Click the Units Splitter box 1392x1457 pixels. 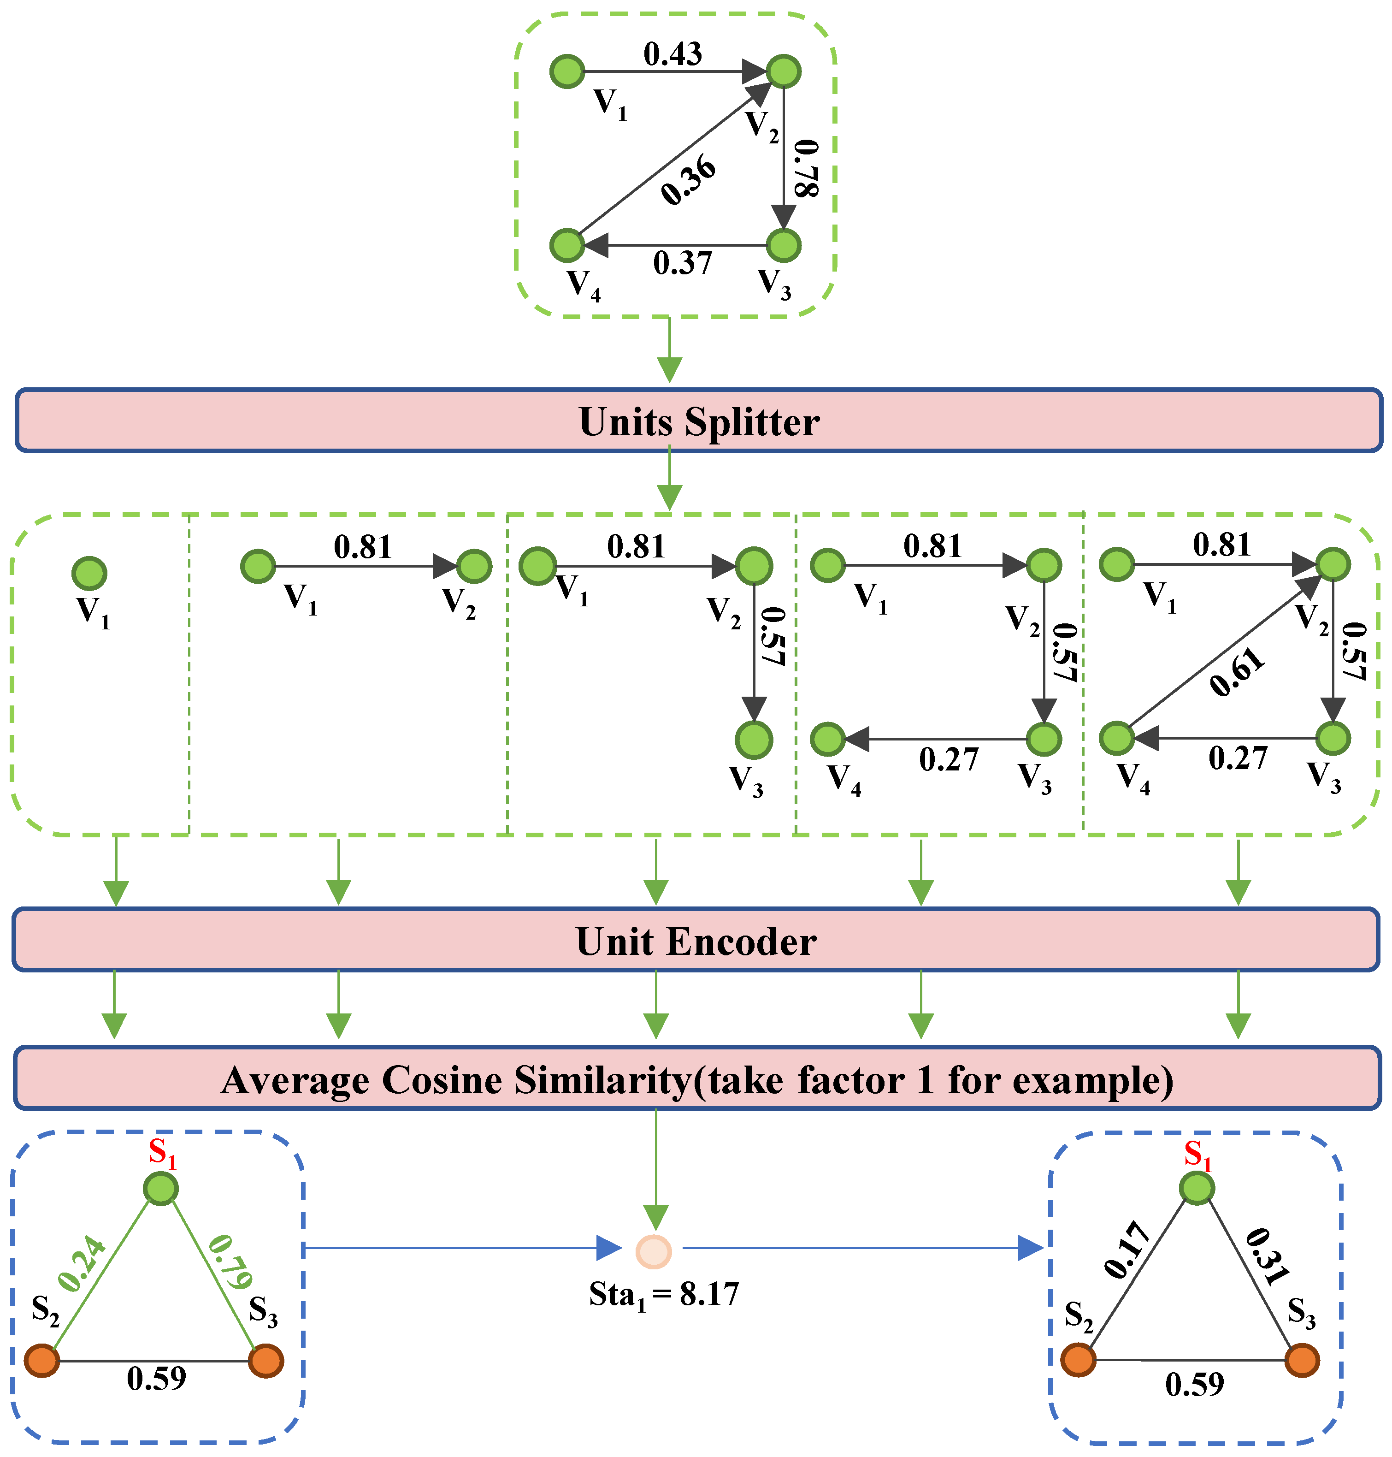[697, 420]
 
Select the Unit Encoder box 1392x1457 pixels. [696, 940]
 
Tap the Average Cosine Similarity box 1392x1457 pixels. [696, 1078]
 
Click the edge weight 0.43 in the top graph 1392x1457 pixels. [672, 53]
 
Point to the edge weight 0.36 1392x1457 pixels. [689, 180]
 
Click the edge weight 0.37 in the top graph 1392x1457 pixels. [683, 263]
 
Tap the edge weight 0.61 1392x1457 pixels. [1237, 672]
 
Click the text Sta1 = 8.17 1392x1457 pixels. [664, 1294]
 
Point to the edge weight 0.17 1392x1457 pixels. [1127, 1250]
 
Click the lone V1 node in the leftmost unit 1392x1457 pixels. [89, 573]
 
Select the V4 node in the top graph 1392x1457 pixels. [568, 245]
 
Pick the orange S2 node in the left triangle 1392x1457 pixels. [42, 1361]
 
